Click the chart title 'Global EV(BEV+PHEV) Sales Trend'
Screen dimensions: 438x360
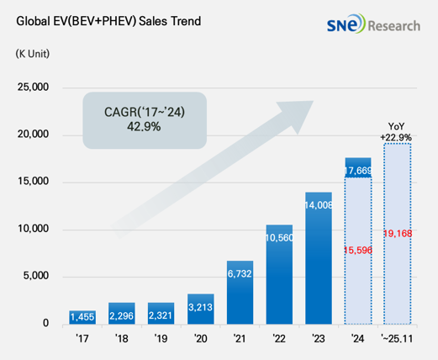[x=108, y=21]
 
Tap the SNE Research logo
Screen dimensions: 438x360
[x=373, y=24]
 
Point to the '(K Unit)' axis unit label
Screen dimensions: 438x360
[x=33, y=54]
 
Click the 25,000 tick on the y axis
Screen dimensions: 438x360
[x=33, y=87]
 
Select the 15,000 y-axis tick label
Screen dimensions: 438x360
[x=33, y=182]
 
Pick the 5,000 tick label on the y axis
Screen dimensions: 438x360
[x=36, y=276]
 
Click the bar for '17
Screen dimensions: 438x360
[x=82, y=317]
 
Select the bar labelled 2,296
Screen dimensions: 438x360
[x=122, y=314]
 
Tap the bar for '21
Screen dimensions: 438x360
[x=240, y=293]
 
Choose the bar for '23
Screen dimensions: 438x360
[x=319, y=258]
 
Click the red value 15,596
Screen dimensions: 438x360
[x=358, y=250]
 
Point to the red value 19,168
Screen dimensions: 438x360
[x=398, y=233]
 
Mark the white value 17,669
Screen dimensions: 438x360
[x=358, y=171]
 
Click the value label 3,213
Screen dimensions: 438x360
[x=200, y=307]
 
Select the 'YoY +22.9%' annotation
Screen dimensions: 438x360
[x=396, y=132]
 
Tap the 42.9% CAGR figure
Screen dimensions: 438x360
[x=144, y=127]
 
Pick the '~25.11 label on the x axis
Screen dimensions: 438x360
[x=397, y=339]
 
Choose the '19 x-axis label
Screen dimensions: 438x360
[x=161, y=339]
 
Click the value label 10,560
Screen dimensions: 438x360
[x=279, y=238]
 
